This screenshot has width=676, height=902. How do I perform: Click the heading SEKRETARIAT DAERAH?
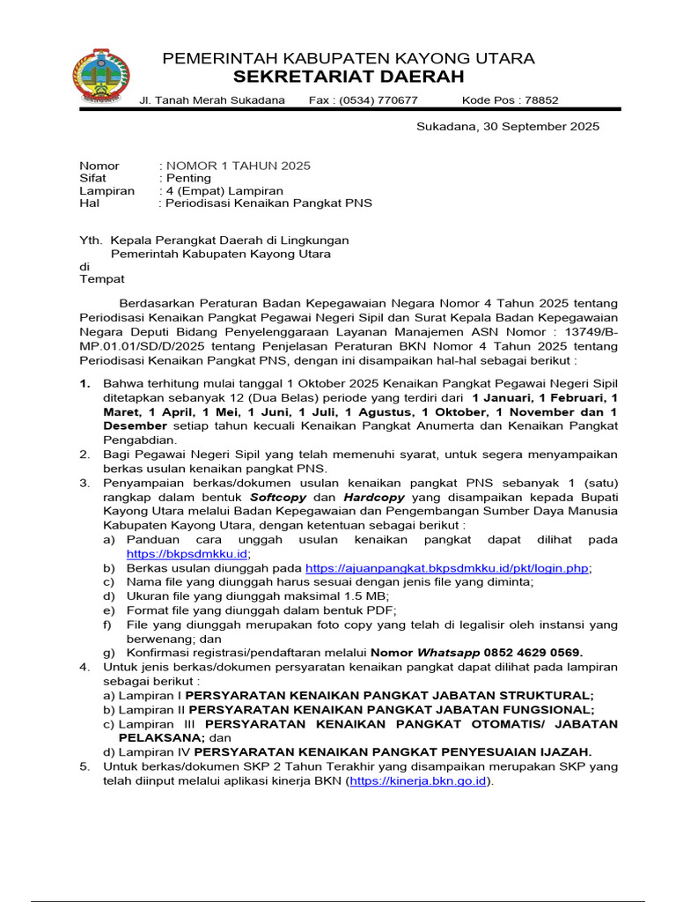[x=348, y=77]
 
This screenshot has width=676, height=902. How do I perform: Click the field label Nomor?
[x=99, y=166]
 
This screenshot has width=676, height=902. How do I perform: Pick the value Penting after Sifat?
[x=188, y=178]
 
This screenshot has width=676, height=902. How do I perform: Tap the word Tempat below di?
[x=102, y=278]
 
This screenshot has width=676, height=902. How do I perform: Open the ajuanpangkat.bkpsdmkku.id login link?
[x=446, y=569]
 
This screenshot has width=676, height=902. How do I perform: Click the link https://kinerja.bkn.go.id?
[x=419, y=780]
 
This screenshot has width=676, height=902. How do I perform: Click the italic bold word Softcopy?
[x=283, y=498]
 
